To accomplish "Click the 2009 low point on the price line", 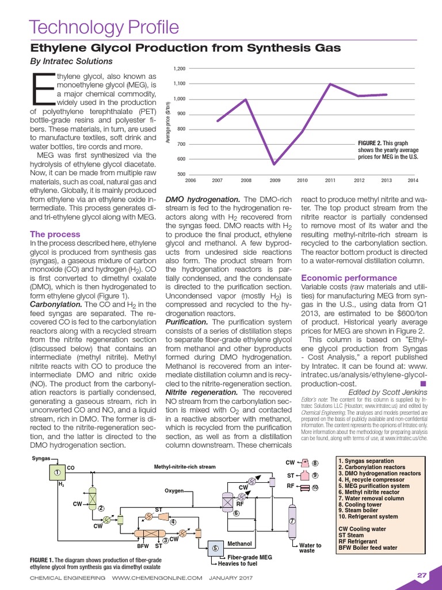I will click(275, 165).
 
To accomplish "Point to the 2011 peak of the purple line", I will click(330, 84).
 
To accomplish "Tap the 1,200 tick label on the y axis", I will click(179, 69).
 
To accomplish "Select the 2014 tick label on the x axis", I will click(412, 180).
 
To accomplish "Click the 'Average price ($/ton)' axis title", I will click(168, 122).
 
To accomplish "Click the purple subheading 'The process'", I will click(55, 235).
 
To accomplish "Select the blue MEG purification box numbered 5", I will click(215, 548).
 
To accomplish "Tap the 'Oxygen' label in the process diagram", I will click(174, 491).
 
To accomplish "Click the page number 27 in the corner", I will click(422, 575).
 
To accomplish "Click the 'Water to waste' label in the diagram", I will click(310, 548).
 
